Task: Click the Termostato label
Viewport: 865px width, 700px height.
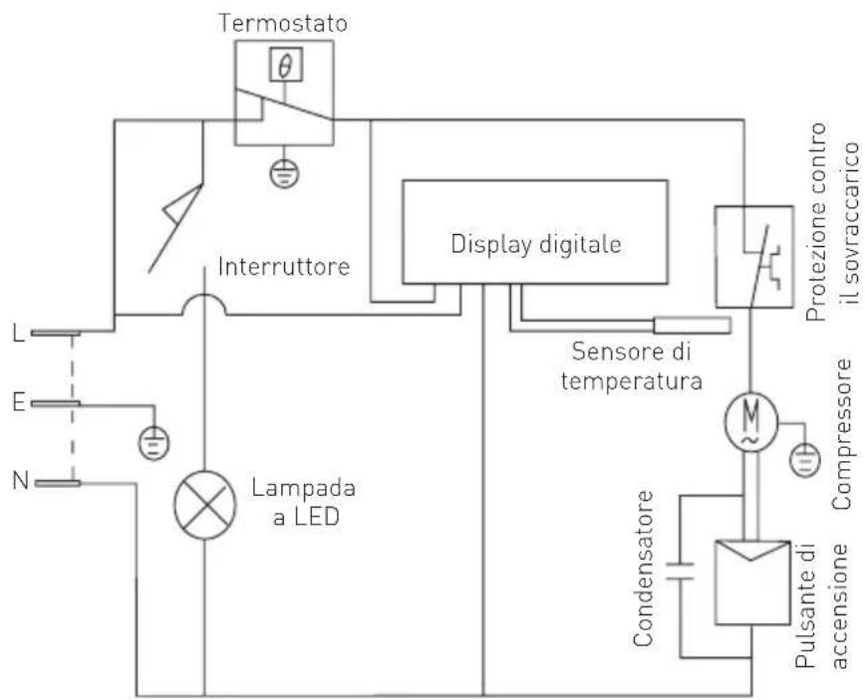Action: pyautogui.click(x=284, y=23)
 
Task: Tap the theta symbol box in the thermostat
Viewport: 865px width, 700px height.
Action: pyautogui.click(x=285, y=65)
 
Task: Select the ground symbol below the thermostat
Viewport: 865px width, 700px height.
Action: pyautogui.click(x=284, y=174)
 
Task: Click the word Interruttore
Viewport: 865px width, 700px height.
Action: pyautogui.click(x=284, y=267)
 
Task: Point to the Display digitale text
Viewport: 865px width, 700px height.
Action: pyautogui.click(x=536, y=244)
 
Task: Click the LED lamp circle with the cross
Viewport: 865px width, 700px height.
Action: pyautogui.click(x=204, y=505)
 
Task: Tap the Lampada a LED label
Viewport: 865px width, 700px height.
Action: pyautogui.click(x=304, y=502)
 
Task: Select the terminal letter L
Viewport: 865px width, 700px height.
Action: pyautogui.click(x=19, y=334)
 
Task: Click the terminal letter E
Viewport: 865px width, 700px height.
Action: pyautogui.click(x=19, y=403)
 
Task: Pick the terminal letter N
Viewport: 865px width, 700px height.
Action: pyautogui.click(x=20, y=481)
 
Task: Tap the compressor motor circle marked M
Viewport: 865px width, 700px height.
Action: pyautogui.click(x=750, y=421)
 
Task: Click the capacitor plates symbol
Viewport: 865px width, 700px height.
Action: pyautogui.click(x=680, y=571)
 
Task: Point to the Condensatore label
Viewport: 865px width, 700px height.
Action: pyautogui.click(x=643, y=569)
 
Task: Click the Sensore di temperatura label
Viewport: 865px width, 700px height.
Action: pyautogui.click(x=631, y=366)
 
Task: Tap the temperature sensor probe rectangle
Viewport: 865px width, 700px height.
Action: pyautogui.click(x=693, y=326)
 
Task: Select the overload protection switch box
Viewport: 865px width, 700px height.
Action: pyautogui.click(x=754, y=257)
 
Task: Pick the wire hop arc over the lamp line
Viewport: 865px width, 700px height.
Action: pyautogui.click(x=204, y=305)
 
